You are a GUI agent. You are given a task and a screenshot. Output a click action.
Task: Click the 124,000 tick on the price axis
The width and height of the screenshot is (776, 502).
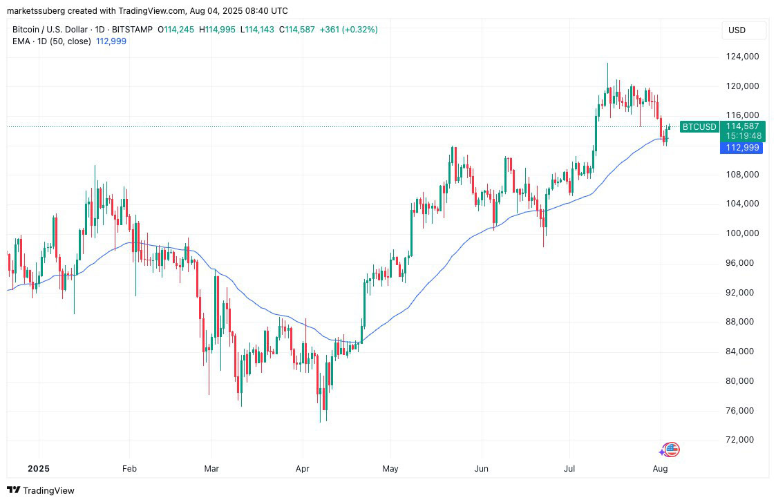click(x=739, y=57)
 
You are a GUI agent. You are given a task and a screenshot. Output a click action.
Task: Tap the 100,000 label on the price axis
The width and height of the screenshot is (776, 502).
click(x=739, y=233)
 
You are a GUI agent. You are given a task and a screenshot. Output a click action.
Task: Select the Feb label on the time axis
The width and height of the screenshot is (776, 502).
click(x=129, y=468)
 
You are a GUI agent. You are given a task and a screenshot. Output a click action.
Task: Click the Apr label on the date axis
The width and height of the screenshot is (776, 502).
click(x=301, y=468)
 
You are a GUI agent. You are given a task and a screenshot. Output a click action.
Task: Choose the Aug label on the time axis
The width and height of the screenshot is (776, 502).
click(x=660, y=468)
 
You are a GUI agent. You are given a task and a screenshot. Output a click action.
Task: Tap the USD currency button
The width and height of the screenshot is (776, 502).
click(x=737, y=30)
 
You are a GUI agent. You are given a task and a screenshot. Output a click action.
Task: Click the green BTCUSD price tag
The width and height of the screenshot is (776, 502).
click(x=699, y=126)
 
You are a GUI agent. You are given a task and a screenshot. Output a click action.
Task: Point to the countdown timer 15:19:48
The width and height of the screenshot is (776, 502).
click(x=743, y=136)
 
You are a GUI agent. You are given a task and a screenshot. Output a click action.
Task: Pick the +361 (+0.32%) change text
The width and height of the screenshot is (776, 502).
click(x=348, y=30)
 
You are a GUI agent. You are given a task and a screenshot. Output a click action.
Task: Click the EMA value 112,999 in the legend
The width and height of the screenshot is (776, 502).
click(x=111, y=41)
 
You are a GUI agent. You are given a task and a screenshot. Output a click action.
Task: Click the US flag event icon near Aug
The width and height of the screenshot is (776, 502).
click(x=671, y=450)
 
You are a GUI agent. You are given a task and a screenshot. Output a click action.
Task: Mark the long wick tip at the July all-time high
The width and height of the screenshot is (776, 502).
click(x=607, y=64)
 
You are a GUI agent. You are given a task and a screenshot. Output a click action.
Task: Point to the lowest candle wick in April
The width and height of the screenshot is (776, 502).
click(x=321, y=421)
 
